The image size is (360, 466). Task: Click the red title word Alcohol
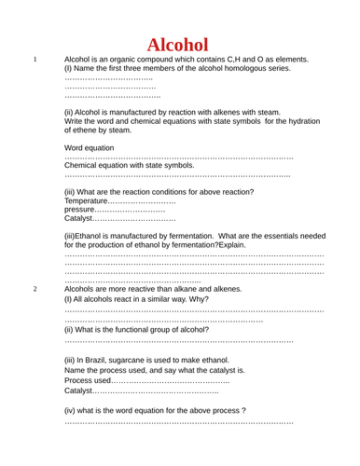(x=178, y=44)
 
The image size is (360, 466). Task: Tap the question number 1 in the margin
(x=35, y=60)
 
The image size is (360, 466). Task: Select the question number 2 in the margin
(x=35, y=289)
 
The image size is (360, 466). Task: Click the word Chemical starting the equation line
(x=85, y=165)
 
